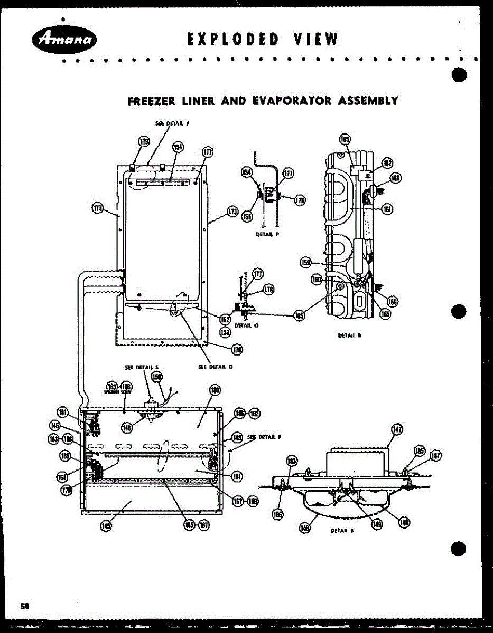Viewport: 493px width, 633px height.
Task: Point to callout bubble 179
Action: [x=144, y=141]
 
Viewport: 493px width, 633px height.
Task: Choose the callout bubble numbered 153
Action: [x=226, y=332]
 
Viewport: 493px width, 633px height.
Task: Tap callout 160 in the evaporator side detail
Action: [x=317, y=280]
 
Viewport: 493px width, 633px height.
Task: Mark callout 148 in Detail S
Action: [x=405, y=522]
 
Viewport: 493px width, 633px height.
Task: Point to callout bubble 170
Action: [x=67, y=490]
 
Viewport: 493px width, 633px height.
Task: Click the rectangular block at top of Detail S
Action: [x=357, y=462]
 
